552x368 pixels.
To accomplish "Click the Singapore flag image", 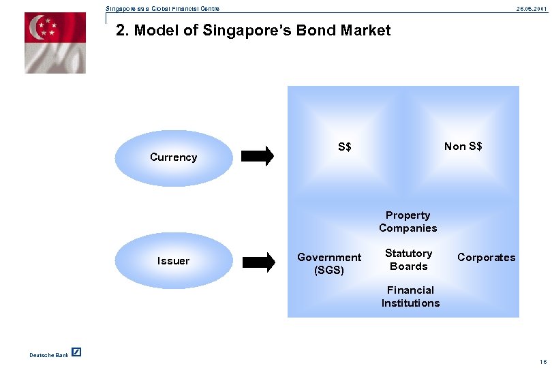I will (55, 43).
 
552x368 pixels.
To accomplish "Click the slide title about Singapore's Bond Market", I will (254, 31).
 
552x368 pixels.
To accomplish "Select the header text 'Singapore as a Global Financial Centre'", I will (162, 8).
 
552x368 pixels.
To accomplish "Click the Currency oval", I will (173, 157).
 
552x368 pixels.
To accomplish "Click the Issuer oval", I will (173, 260).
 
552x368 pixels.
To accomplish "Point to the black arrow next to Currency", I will (258, 156).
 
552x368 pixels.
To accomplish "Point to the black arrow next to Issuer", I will (258, 260).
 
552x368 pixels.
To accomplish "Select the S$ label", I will (344, 147).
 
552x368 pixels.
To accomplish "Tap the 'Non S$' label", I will (463, 147).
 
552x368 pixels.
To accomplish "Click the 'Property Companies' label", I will (408, 221).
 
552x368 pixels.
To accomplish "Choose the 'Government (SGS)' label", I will (329, 263).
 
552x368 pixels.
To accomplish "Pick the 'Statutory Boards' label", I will (408, 260).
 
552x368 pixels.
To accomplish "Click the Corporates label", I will (486, 258).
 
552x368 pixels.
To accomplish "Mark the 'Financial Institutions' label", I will (410, 296).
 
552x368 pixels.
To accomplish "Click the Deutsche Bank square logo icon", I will (76, 352).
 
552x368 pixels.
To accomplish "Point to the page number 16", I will (542, 361).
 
